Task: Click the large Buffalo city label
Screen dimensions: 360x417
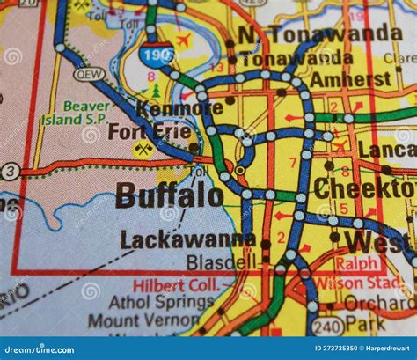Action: (x=169, y=195)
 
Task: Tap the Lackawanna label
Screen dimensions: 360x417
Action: (x=188, y=239)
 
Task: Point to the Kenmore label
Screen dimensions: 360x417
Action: (x=179, y=108)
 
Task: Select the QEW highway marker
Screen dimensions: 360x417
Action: (x=89, y=75)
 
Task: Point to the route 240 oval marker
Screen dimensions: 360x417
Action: (x=326, y=327)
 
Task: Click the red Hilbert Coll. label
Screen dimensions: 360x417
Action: (x=176, y=285)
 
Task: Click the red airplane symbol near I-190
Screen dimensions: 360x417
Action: (x=184, y=40)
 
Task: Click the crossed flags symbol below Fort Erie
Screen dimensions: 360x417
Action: (x=143, y=150)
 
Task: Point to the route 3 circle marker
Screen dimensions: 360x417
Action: (x=9, y=172)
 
